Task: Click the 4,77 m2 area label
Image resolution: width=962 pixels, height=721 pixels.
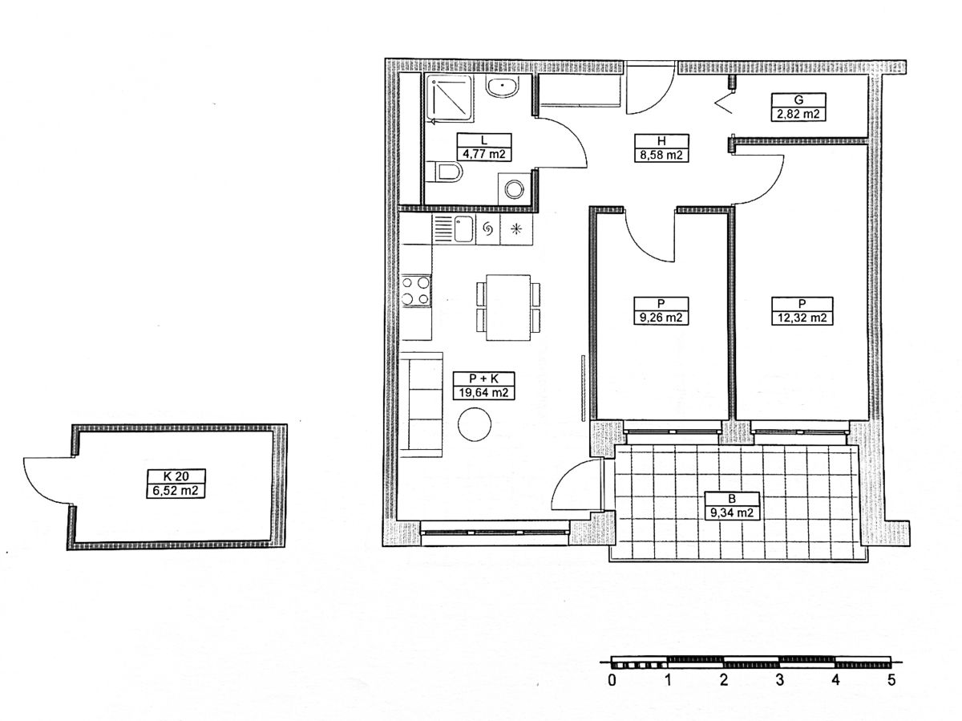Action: point(484,154)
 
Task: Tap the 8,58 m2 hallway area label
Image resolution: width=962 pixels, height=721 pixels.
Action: point(661,155)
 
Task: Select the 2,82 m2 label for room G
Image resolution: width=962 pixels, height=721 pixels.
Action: point(798,114)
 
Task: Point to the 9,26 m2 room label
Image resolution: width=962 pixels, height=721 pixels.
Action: point(661,318)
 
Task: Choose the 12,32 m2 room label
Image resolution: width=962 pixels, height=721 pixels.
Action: point(802,318)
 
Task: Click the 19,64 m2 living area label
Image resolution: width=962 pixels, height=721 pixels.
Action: point(483,392)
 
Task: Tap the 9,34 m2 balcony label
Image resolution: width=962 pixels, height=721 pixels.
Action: point(731,512)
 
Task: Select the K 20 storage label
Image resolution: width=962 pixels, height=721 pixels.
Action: point(176,476)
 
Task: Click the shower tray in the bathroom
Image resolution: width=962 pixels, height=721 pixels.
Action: point(451,99)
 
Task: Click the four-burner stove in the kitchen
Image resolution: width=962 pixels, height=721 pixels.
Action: point(415,290)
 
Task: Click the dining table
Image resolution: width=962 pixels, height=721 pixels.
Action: point(508,307)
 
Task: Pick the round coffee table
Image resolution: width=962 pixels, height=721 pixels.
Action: point(475,424)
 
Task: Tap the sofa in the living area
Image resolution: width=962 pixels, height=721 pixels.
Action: point(420,404)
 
